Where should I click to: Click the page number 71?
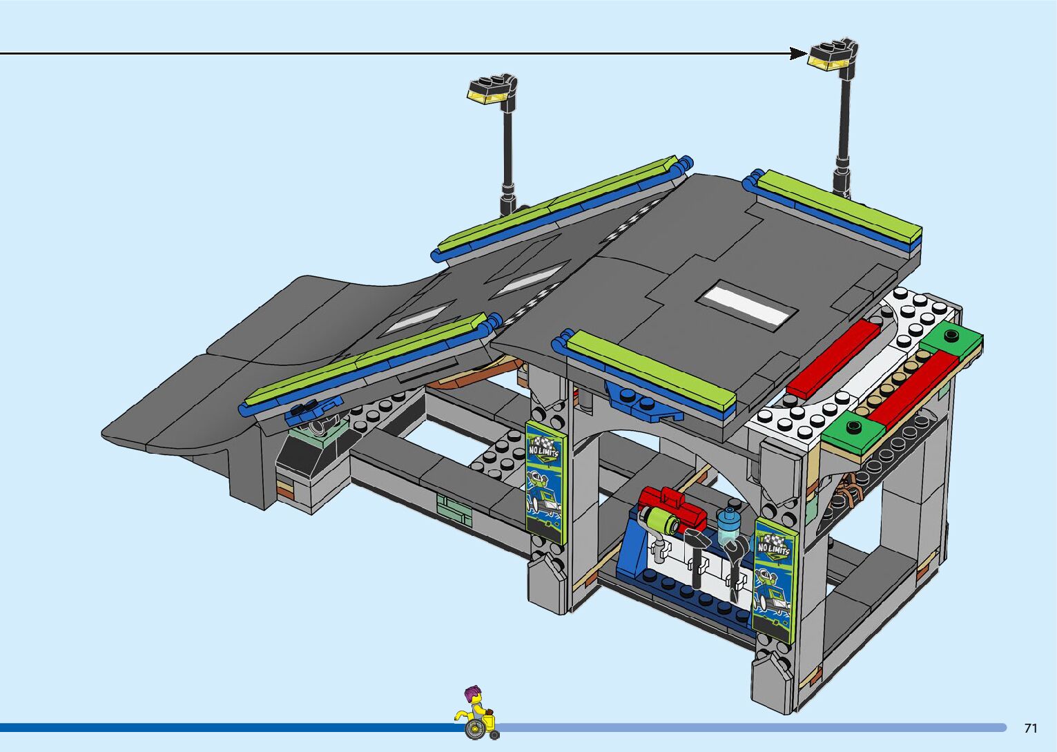(x=1031, y=728)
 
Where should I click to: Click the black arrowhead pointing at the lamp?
(x=799, y=53)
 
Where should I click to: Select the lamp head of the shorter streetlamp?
(x=490, y=91)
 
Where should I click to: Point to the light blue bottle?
(x=728, y=526)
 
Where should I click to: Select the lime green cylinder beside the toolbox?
(x=657, y=519)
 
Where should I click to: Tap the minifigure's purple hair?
(x=473, y=693)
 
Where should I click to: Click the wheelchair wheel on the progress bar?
(x=474, y=729)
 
